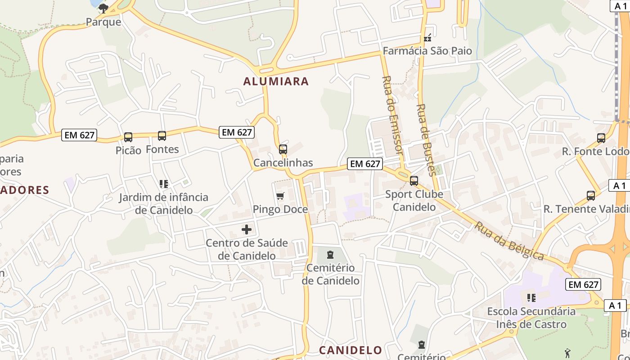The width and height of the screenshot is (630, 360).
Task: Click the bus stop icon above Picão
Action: (128, 137)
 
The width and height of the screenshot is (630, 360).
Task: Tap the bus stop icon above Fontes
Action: (162, 135)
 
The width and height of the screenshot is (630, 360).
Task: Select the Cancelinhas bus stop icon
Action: (283, 149)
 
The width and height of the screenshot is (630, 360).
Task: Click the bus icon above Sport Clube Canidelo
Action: (414, 181)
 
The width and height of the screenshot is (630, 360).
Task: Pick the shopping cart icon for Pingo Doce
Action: (280, 196)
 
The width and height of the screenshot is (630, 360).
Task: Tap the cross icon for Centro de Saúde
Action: (247, 229)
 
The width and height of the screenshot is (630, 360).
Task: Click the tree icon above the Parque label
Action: (103, 8)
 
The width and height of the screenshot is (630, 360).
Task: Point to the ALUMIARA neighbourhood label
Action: (276, 81)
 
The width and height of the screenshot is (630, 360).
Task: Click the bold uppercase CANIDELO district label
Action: (351, 350)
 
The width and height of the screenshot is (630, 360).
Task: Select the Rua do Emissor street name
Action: (392, 115)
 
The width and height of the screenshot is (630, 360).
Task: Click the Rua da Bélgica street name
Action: (508, 241)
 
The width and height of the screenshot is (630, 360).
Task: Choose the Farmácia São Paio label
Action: (427, 51)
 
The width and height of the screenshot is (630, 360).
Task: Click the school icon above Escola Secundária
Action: (531, 297)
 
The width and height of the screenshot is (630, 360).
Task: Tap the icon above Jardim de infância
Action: (163, 184)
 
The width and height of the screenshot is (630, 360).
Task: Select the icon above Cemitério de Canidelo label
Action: (330, 255)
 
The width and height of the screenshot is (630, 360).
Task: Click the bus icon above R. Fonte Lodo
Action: (601, 138)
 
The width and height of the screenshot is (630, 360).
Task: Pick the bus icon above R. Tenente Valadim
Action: (591, 196)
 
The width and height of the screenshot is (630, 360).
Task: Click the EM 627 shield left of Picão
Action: (79, 135)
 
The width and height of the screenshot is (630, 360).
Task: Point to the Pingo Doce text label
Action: (280, 209)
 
